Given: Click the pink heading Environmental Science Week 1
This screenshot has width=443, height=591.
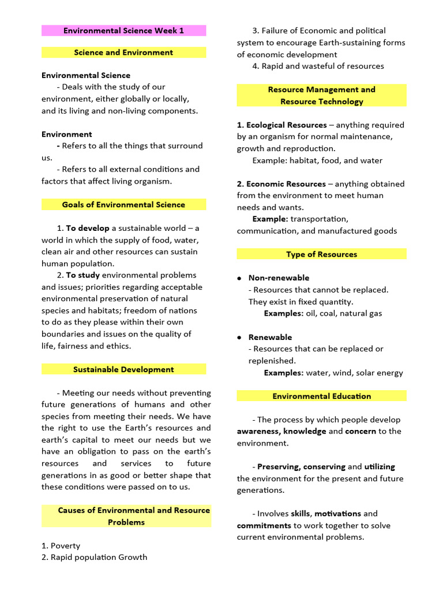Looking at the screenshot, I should (123, 31).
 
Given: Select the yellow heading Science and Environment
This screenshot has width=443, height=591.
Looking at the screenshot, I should (123, 53).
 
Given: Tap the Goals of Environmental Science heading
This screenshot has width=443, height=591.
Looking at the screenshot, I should (123, 204).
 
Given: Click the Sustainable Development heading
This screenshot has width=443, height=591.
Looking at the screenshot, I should (123, 369).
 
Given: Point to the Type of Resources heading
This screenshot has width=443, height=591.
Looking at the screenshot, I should (321, 254).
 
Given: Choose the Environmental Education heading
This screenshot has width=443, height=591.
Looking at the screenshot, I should (321, 396).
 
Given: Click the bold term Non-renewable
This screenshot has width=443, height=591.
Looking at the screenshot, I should (279, 278).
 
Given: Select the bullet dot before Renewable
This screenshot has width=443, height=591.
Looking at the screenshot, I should (239, 337).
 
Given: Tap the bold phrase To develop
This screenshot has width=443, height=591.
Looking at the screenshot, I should (88, 228).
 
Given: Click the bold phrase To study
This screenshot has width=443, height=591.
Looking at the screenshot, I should (83, 275).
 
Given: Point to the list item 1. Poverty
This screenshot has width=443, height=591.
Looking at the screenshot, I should (61, 545).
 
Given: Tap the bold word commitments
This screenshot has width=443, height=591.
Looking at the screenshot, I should (264, 525).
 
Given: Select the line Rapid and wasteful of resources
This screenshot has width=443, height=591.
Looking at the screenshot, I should (318, 66).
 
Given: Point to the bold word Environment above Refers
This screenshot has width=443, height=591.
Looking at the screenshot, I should (66, 134).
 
